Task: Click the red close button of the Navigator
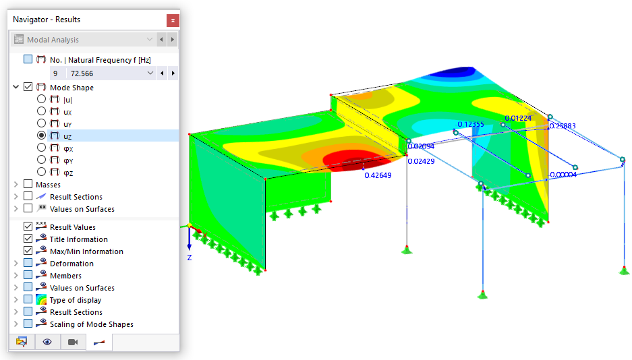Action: (x=173, y=20)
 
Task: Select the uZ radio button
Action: (x=42, y=136)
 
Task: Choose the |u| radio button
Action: (x=42, y=99)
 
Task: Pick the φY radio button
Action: (x=42, y=160)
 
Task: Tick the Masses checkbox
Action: (x=28, y=184)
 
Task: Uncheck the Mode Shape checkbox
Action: (x=28, y=87)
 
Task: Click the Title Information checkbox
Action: (x=28, y=239)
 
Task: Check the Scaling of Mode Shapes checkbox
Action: (x=28, y=324)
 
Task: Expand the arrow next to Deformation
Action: (x=16, y=264)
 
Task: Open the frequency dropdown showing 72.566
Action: (x=150, y=73)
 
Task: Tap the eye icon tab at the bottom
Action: (x=47, y=342)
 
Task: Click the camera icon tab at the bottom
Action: (x=73, y=342)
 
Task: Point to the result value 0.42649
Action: (x=378, y=175)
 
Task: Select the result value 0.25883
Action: (x=563, y=126)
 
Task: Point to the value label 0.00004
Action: (x=563, y=175)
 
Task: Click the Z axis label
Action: (x=190, y=257)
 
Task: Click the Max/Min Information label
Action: (x=86, y=251)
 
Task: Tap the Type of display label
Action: (x=76, y=300)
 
